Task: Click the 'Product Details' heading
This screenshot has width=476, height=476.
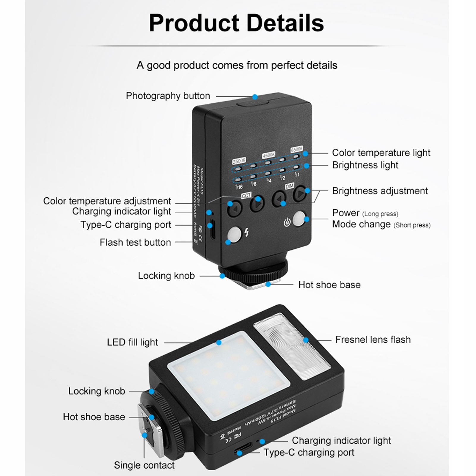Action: pyautogui.click(x=236, y=23)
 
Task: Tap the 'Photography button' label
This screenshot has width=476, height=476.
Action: pyautogui.click(x=168, y=96)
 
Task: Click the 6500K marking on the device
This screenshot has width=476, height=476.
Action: pyautogui.click(x=296, y=149)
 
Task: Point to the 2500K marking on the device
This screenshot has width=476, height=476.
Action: pyautogui.click(x=239, y=161)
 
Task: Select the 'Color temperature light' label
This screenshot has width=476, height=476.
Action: pyautogui.click(x=381, y=153)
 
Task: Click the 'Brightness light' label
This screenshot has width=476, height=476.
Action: pyautogui.click(x=365, y=165)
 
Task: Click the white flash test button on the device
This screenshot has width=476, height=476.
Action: pyautogui.click(x=234, y=234)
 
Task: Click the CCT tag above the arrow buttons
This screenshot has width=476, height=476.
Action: pyautogui.click(x=246, y=195)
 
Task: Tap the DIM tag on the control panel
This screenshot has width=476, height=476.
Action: pyautogui.click(x=290, y=186)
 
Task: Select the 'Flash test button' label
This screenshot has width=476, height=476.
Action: pyautogui.click(x=135, y=242)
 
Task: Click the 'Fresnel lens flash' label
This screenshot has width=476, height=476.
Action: pyautogui.click(x=373, y=340)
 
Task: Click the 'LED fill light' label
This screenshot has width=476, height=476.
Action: pyautogui.click(x=132, y=342)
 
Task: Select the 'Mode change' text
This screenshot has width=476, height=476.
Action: pyautogui.click(x=361, y=224)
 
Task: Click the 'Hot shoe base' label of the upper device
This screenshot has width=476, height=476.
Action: pyautogui.click(x=329, y=285)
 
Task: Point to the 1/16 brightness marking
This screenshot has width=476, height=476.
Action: pyautogui.click(x=239, y=187)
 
